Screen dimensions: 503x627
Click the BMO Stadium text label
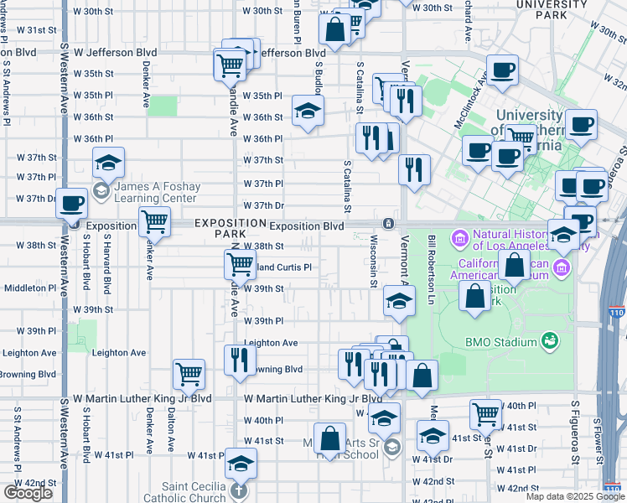501,341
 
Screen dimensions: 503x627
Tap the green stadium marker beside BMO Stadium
549,340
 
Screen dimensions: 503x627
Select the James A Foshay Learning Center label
156,192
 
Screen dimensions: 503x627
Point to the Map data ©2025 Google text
575,496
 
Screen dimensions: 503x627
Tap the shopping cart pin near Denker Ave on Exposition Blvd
154,221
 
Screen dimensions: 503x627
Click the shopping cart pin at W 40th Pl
485,412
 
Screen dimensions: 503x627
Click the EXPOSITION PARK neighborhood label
222,228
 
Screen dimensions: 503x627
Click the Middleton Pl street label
29,288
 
